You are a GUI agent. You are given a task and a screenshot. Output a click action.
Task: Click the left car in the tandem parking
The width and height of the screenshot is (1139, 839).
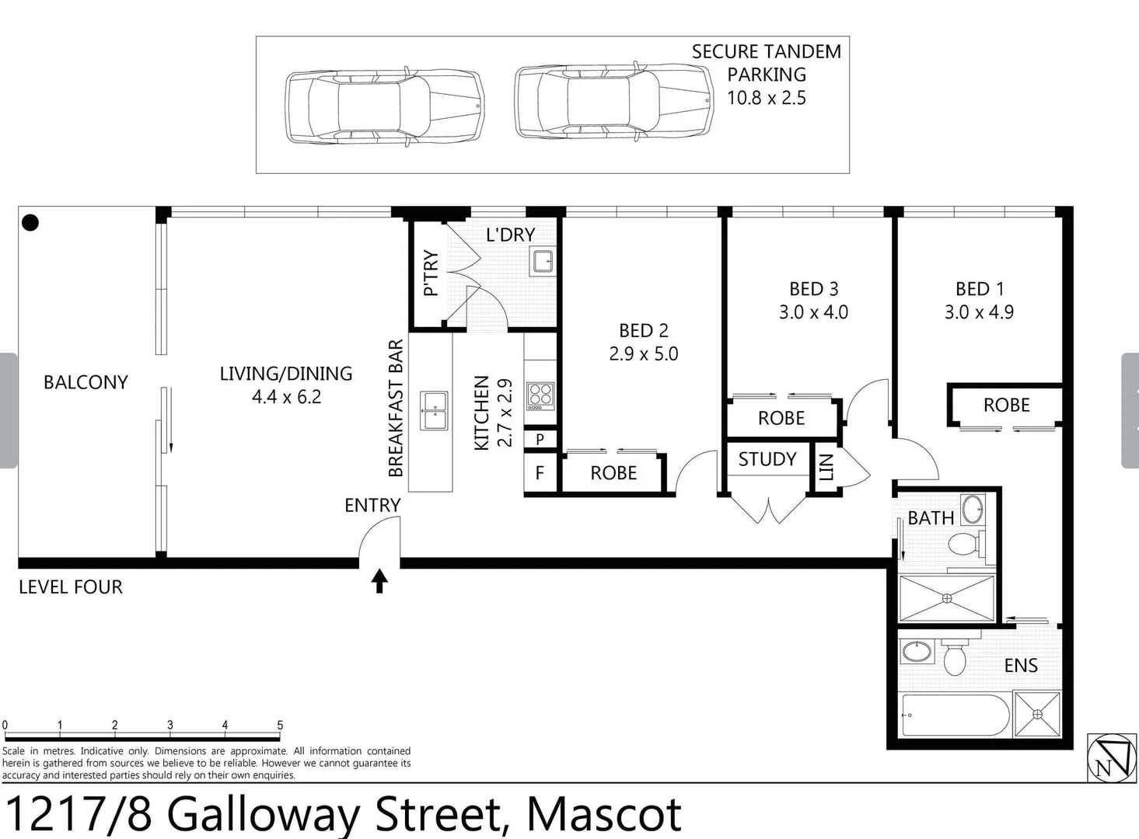pyautogui.click(x=384, y=106)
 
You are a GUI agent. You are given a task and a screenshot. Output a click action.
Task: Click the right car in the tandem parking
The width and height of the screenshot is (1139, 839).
pyautogui.click(x=613, y=102)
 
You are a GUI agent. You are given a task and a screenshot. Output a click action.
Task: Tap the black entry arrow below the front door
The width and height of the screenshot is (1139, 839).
pyautogui.click(x=379, y=580)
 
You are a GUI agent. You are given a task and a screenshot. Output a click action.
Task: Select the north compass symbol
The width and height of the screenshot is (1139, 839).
pyautogui.click(x=1111, y=757)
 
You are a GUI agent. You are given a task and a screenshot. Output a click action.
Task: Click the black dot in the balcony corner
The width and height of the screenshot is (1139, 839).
pyautogui.click(x=30, y=223)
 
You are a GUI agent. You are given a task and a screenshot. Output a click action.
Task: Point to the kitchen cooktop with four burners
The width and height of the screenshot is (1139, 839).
pyautogui.click(x=540, y=395)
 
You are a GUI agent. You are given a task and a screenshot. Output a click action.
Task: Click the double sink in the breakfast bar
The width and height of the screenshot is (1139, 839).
pyautogui.click(x=434, y=410)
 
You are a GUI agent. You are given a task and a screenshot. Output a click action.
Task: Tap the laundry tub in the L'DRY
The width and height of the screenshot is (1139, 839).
pyautogui.click(x=542, y=262)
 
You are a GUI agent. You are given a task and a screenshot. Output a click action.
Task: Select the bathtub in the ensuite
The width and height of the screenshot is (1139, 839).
pyautogui.click(x=955, y=715)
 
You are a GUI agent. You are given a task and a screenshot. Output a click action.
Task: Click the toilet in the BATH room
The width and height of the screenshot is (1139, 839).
pyautogui.click(x=964, y=543)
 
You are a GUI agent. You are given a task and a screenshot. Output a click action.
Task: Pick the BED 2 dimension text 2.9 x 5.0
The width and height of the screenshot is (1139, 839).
pyautogui.click(x=643, y=354)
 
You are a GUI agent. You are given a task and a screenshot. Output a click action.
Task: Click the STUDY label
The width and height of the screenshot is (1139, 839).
pyautogui.click(x=767, y=459)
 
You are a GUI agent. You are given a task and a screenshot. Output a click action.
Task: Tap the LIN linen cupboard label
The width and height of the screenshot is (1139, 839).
pyautogui.click(x=826, y=468)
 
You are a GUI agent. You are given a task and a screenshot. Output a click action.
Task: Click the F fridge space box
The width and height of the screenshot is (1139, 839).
pyautogui.click(x=540, y=473)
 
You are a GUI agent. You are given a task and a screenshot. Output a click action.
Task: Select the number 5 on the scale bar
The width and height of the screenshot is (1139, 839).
pyautogui.click(x=280, y=725)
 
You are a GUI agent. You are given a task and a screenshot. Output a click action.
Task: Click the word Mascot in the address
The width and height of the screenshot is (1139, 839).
pyautogui.click(x=604, y=814)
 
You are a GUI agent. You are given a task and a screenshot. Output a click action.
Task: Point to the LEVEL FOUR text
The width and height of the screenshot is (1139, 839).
pyautogui.click(x=71, y=587)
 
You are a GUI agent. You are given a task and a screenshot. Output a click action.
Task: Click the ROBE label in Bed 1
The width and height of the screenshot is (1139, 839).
pyautogui.click(x=1006, y=406)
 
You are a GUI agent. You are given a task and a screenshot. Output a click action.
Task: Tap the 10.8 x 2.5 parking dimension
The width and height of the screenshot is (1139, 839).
pyautogui.click(x=766, y=98)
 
